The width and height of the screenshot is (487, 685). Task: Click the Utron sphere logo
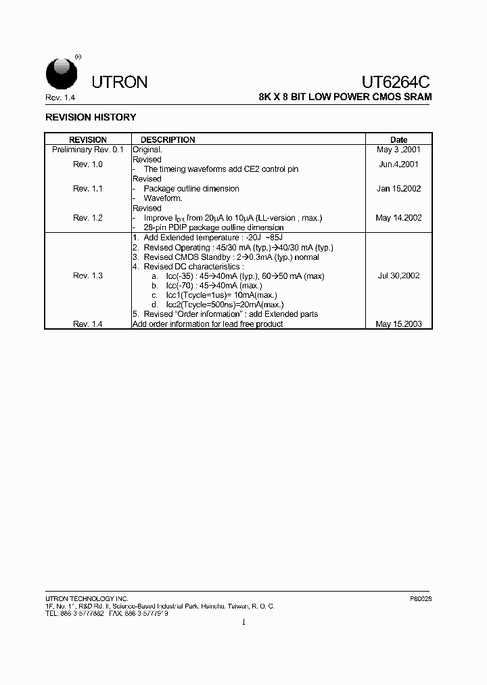pyautogui.click(x=61, y=72)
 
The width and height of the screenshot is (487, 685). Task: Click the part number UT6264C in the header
pyautogui.click(x=396, y=82)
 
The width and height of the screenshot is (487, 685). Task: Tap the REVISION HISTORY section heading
pyautogui.click(x=91, y=117)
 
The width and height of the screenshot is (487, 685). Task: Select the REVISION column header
pyautogui.click(x=88, y=140)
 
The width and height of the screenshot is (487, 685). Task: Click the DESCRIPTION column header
pyautogui.click(x=168, y=140)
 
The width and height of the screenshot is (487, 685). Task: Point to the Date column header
pyautogui.click(x=399, y=140)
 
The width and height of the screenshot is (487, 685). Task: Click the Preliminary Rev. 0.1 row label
pyautogui.click(x=88, y=150)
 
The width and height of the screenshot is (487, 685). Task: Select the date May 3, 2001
pyautogui.click(x=398, y=150)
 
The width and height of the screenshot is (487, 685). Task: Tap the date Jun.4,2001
pyautogui.click(x=398, y=164)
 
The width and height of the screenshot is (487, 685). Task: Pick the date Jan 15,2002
pyautogui.click(x=398, y=189)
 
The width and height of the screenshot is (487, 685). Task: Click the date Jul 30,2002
pyautogui.click(x=398, y=275)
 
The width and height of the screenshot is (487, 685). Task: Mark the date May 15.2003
pyautogui.click(x=398, y=324)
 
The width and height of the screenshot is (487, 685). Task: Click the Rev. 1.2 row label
pyautogui.click(x=88, y=218)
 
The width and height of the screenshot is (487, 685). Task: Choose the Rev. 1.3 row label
pyautogui.click(x=88, y=275)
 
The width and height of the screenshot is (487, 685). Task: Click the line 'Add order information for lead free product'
pyautogui.click(x=208, y=324)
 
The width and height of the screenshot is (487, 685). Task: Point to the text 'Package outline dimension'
pyautogui.click(x=191, y=189)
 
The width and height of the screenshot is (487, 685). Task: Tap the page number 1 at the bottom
pyautogui.click(x=243, y=622)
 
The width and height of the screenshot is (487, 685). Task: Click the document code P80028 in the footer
pyautogui.click(x=421, y=599)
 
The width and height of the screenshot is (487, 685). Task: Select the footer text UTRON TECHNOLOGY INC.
pyautogui.click(x=87, y=599)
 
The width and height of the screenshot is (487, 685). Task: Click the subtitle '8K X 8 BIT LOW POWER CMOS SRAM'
pyautogui.click(x=345, y=97)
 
